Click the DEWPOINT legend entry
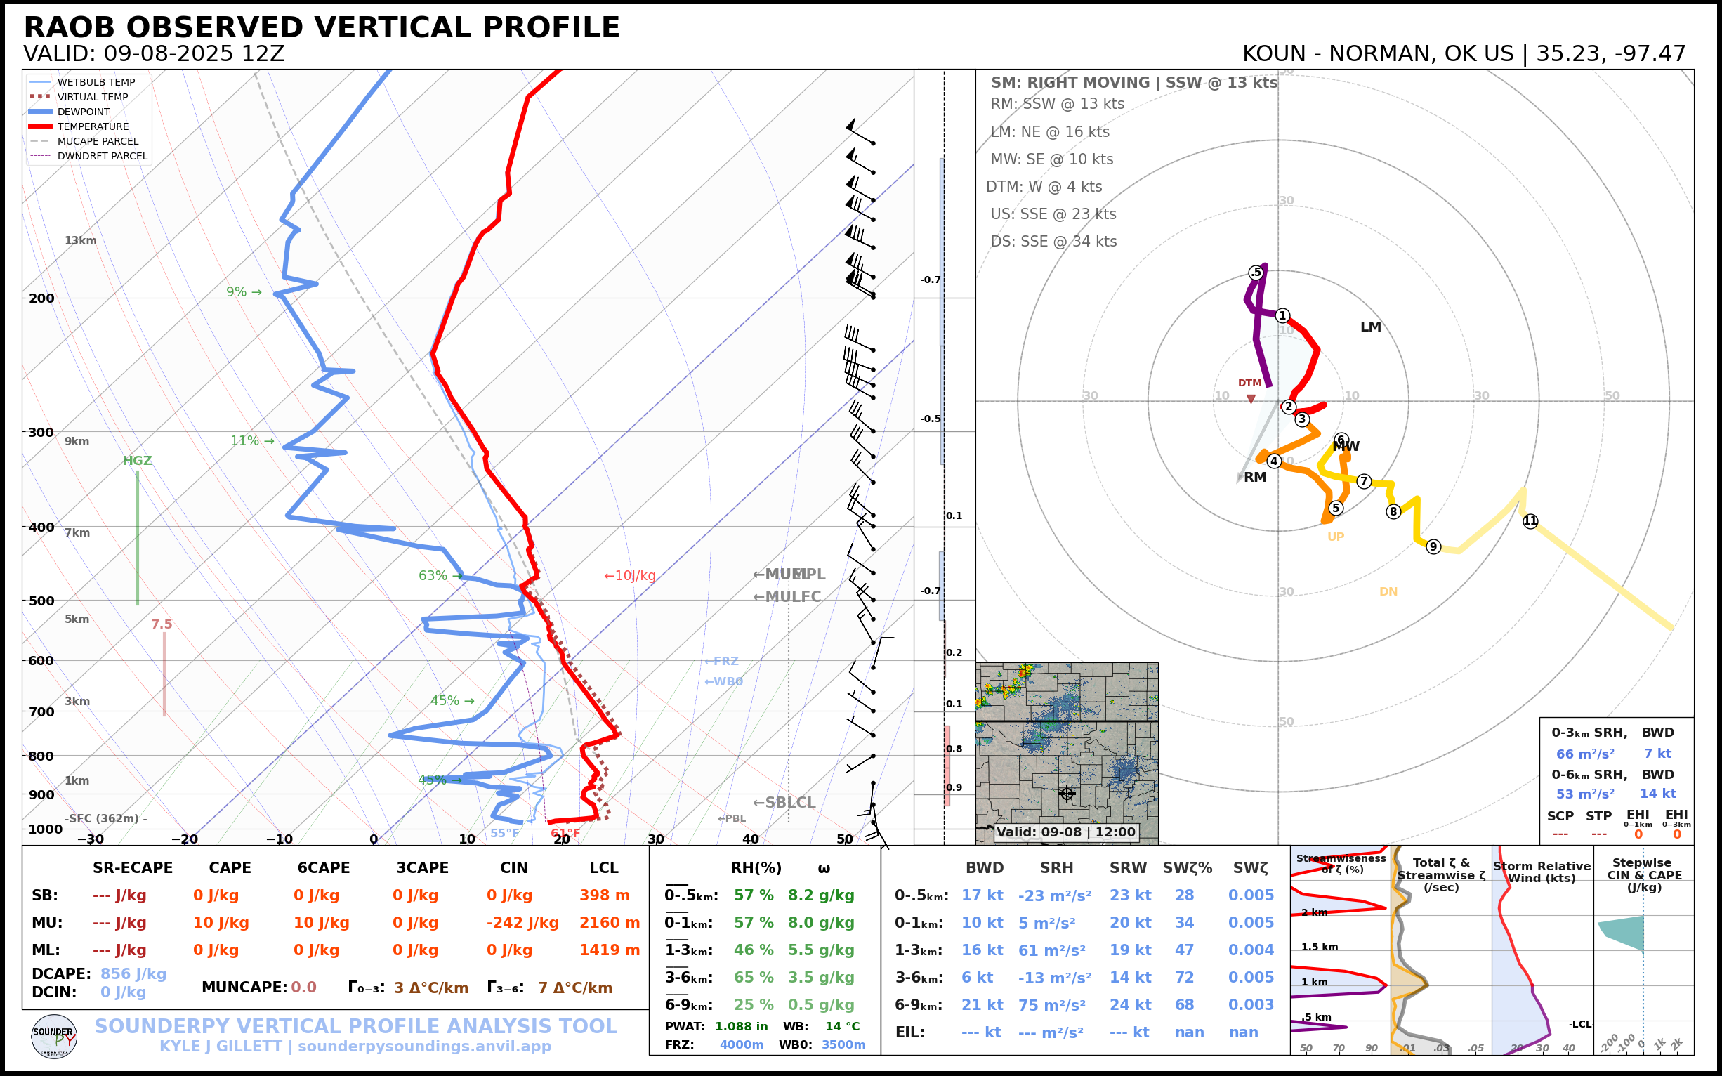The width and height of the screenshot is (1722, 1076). click(x=84, y=112)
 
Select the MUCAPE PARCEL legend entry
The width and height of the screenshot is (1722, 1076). click(x=98, y=142)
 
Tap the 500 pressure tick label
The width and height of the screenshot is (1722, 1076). click(x=41, y=601)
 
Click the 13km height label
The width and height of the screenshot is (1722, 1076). click(x=80, y=240)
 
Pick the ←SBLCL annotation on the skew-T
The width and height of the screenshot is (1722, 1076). click(x=784, y=803)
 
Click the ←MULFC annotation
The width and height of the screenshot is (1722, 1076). click(x=787, y=597)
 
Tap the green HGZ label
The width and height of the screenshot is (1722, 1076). click(x=138, y=461)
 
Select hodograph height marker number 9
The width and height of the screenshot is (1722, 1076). click(x=1433, y=546)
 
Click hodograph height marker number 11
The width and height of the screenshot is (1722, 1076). click(x=1530, y=521)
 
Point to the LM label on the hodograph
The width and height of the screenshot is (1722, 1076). click(x=1370, y=327)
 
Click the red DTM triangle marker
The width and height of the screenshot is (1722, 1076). click(x=1251, y=399)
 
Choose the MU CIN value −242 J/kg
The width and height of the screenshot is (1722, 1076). click(x=522, y=923)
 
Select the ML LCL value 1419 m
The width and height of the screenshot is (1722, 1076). click(x=609, y=950)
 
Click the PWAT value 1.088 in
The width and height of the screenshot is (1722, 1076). click(x=742, y=1026)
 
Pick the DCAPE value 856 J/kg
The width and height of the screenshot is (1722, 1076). click(x=133, y=974)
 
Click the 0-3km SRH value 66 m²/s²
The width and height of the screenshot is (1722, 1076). click(x=1584, y=754)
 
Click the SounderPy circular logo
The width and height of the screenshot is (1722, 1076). click(x=54, y=1036)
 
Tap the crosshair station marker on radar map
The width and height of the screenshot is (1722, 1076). click(x=1067, y=794)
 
